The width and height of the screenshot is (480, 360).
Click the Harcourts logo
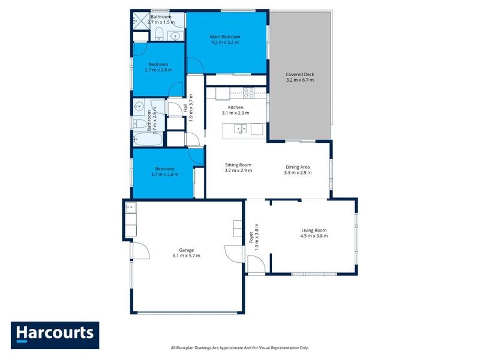[55, 335]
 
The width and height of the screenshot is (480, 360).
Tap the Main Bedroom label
[225, 37]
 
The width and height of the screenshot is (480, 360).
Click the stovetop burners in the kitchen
[248, 93]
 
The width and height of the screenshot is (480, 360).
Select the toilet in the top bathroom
[160, 34]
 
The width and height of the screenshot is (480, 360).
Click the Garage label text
[186, 250]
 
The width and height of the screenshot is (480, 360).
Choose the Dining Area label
[298, 167]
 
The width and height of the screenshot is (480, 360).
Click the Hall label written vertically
[185, 109]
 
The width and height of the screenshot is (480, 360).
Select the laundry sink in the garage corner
[131, 208]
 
